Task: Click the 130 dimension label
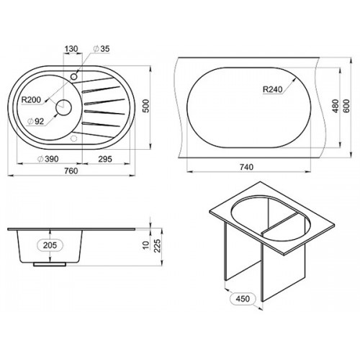(x=71, y=49)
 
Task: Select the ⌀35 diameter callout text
(x=102, y=49)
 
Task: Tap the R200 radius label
(x=31, y=99)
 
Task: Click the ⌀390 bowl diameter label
(x=48, y=158)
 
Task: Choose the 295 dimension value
(x=105, y=158)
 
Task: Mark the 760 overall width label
(x=71, y=171)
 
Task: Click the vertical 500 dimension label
(x=145, y=106)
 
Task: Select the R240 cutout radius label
(x=273, y=89)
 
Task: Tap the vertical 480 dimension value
(x=336, y=106)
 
